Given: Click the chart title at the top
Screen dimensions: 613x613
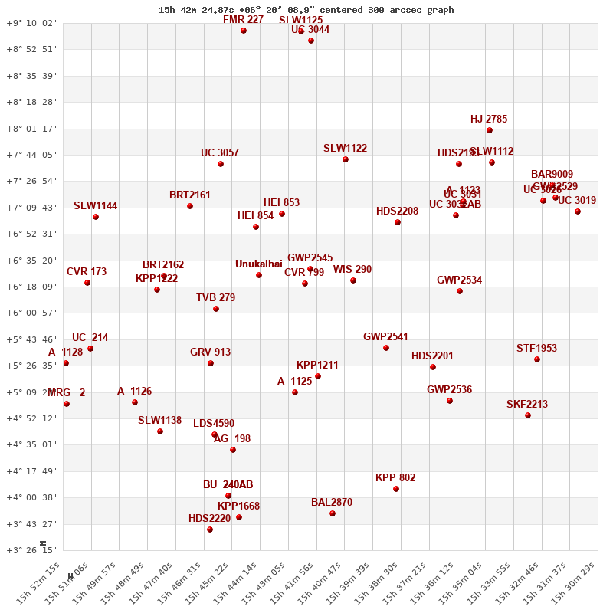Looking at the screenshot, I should pyautogui.click(x=306, y=10).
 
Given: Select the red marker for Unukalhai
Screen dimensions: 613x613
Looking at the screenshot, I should pyautogui.click(x=259, y=275).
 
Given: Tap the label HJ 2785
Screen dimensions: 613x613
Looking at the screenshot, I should pyautogui.click(x=489, y=120).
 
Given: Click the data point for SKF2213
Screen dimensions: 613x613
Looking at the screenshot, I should pyautogui.click(x=528, y=415).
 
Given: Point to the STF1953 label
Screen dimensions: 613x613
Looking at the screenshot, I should pyautogui.click(x=536, y=349).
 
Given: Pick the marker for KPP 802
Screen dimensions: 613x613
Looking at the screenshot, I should pyautogui.click(x=396, y=489).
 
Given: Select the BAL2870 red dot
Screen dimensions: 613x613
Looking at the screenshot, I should pyautogui.click(x=333, y=513).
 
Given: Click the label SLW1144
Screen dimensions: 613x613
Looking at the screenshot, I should pyautogui.click(x=96, y=206).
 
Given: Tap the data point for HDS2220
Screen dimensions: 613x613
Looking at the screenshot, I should pyautogui.click(x=210, y=529).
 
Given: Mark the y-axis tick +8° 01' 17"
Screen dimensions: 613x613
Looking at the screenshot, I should pyautogui.click(x=31, y=129).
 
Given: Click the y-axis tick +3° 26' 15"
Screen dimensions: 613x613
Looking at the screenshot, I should pyautogui.click(x=31, y=550).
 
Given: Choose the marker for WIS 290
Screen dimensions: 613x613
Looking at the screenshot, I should pyautogui.click(x=353, y=280).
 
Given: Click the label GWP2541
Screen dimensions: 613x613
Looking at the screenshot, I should pyautogui.click(x=385, y=337).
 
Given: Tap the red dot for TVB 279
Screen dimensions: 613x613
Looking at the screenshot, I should pyautogui.click(x=216, y=309).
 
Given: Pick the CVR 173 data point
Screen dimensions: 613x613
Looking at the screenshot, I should pyautogui.click(x=87, y=283).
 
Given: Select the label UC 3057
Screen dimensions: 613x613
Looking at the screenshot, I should pyautogui.click(x=220, y=153).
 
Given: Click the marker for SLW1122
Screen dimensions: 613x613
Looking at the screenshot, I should pyautogui.click(x=346, y=159).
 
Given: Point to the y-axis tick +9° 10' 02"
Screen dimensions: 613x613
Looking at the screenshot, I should pyautogui.click(x=31, y=23).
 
